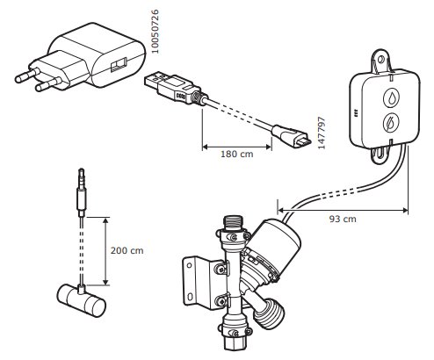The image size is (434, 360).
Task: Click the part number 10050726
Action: point(156,32)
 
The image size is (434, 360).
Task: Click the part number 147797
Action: point(322,133)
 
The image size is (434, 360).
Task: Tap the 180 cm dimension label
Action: point(236,154)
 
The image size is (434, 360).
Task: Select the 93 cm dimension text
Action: point(343,219)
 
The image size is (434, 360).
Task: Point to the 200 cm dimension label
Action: point(127,250)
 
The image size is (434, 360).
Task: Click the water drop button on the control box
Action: point(392,97)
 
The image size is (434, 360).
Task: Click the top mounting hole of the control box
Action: point(380,60)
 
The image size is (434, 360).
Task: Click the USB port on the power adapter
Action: point(119,65)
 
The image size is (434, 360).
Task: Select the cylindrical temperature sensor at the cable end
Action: point(81,300)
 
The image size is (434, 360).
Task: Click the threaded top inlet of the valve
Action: point(233,224)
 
